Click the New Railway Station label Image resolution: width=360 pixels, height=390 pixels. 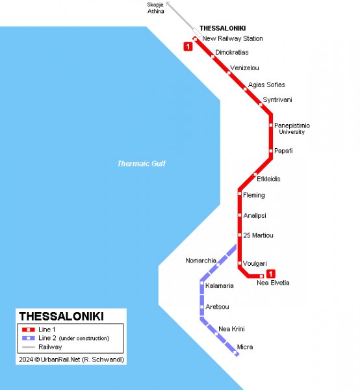pyautogui.click(x=233, y=39)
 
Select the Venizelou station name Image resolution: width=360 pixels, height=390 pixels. pyautogui.click(x=245, y=68)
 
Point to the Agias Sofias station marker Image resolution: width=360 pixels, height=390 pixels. pyautogui.click(x=246, y=89)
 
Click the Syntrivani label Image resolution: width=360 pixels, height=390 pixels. pyautogui.click(x=277, y=100)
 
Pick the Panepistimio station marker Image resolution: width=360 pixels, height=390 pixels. pyautogui.click(x=271, y=125)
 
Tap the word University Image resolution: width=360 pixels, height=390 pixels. pyautogui.click(x=291, y=132)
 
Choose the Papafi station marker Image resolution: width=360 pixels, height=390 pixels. pyautogui.click(x=271, y=151)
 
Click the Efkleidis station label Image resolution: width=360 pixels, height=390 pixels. pyautogui.click(x=269, y=179)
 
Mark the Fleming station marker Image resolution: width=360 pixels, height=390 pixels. pyautogui.click(x=240, y=194)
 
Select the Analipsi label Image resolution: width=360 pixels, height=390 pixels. pyautogui.click(x=255, y=215)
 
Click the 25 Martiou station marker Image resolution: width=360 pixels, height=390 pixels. pyautogui.click(x=240, y=235)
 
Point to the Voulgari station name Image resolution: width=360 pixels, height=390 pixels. pyautogui.click(x=255, y=263)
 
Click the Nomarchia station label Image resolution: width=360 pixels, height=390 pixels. pyautogui.click(x=201, y=261)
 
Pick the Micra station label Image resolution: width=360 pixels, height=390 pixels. pyautogui.click(x=245, y=347)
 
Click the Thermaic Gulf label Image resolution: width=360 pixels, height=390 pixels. pyautogui.click(x=141, y=164)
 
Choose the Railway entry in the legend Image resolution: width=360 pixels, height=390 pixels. pyautogui.click(x=50, y=347)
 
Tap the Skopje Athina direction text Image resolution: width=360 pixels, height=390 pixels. pyautogui.click(x=156, y=8)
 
